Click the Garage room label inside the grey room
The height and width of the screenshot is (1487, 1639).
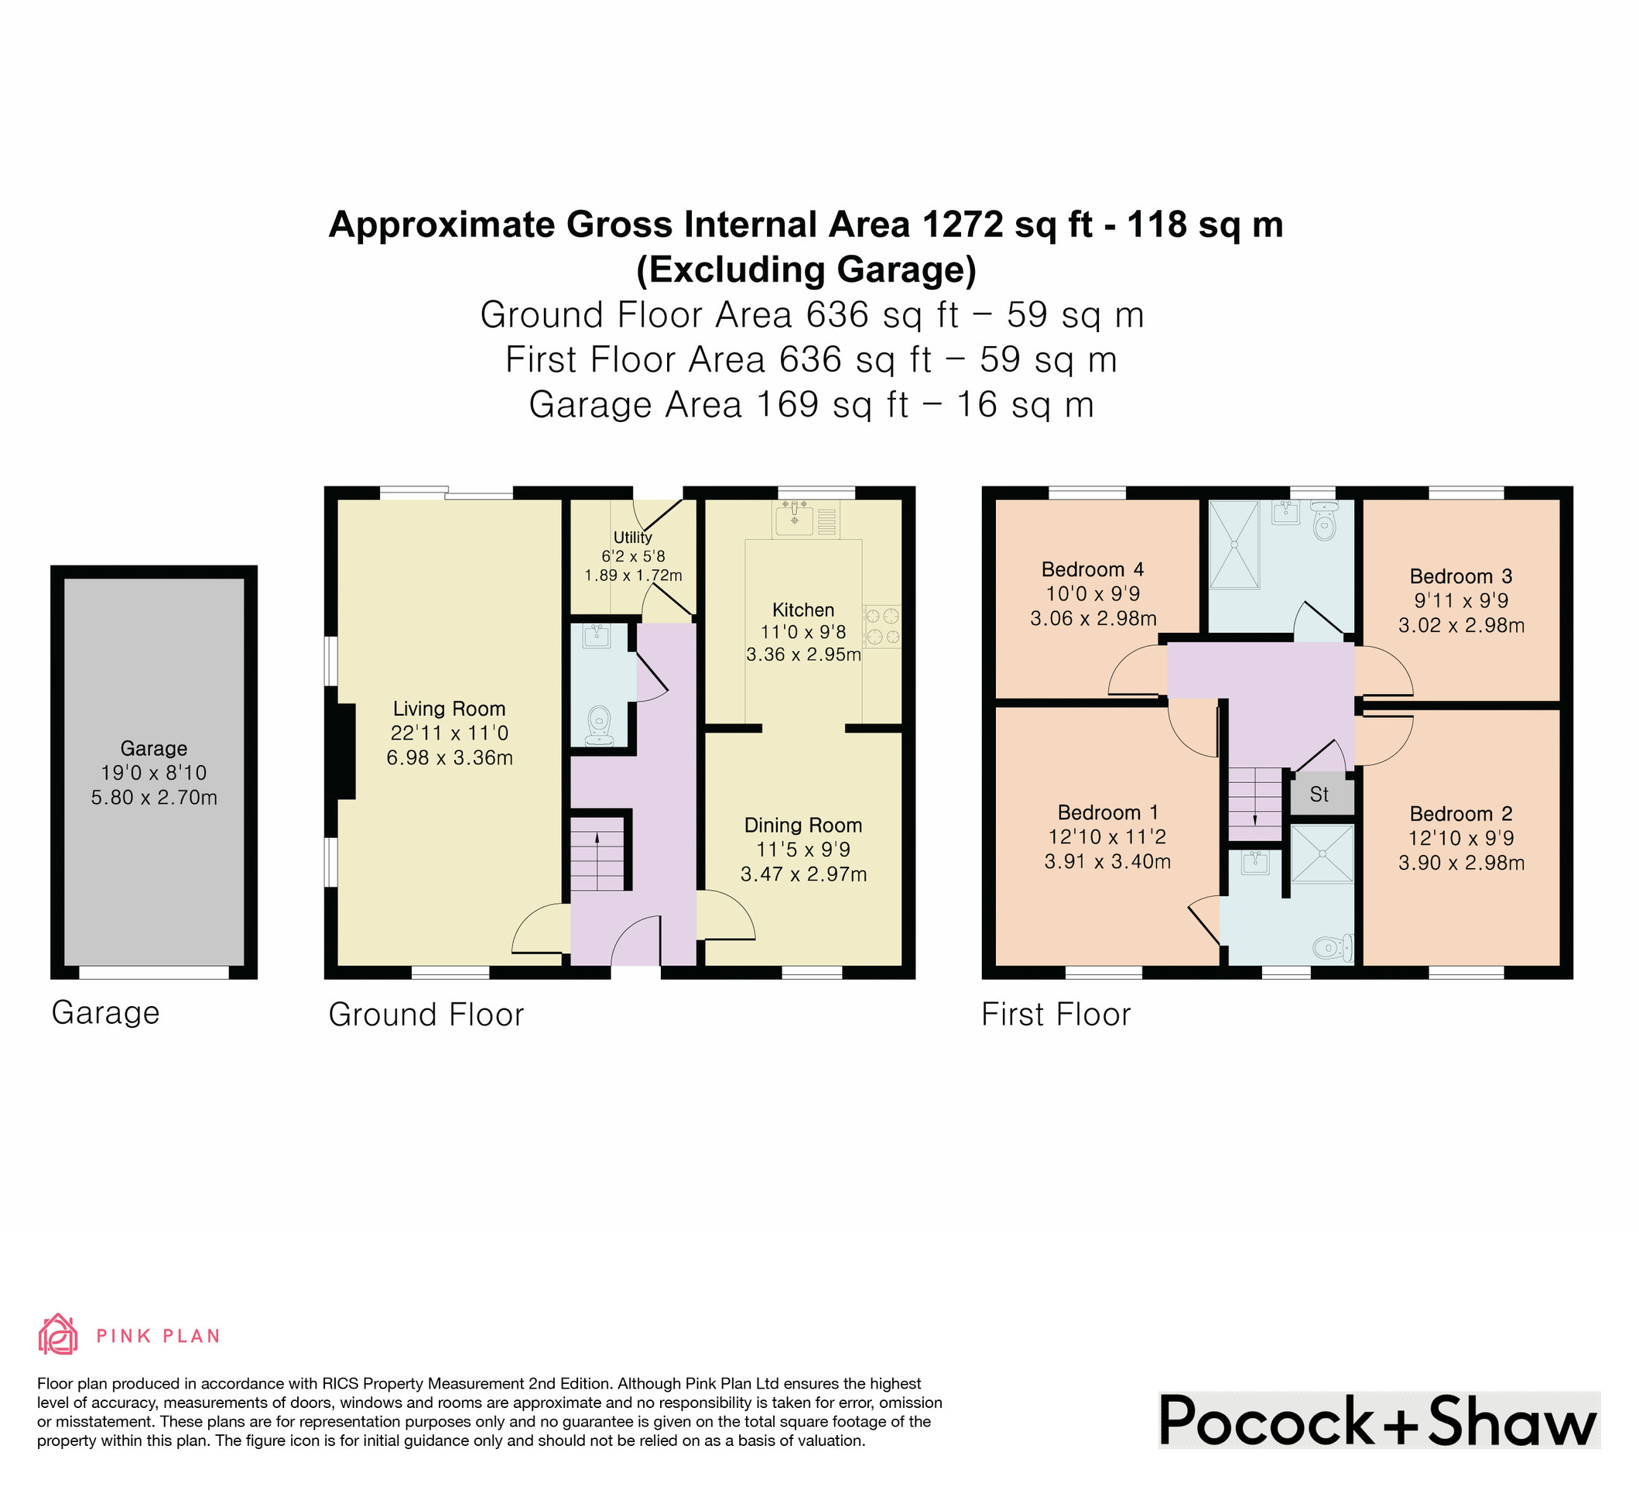click(x=154, y=748)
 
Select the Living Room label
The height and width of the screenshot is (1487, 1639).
click(x=450, y=709)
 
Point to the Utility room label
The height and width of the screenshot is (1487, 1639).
click(x=632, y=537)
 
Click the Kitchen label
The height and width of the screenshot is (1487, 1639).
click(x=803, y=610)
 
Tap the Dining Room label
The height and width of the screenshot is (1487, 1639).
click(x=803, y=826)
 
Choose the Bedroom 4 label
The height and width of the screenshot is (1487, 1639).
click(x=1093, y=569)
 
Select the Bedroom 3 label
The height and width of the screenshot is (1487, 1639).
click(x=1461, y=577)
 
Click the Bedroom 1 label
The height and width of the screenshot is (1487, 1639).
click(x=1108, y=812)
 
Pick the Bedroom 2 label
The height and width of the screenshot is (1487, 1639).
click(x=1461, y=814)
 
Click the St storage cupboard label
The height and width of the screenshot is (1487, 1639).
click(x=1319, y=794)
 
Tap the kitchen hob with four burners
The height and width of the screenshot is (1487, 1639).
click(x=882, y=626)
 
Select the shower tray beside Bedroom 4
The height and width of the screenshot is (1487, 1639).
click(x=1234, y=544)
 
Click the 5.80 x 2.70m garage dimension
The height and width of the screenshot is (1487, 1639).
click(x=154, y=798)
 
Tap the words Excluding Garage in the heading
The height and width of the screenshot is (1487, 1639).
click(x=806, y=270)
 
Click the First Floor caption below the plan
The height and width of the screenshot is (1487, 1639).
click(x=1056, y=1015)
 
